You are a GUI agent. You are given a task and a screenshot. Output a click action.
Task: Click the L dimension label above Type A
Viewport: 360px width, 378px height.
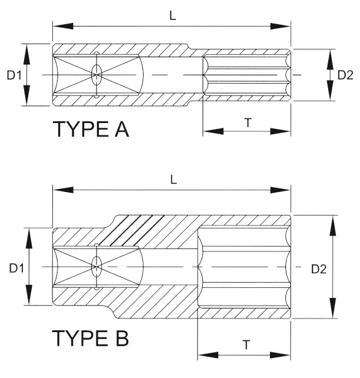point(172,16)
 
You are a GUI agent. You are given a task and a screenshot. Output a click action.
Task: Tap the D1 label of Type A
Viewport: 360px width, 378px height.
point(14,75)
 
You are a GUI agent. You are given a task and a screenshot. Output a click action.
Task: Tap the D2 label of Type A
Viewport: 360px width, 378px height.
point(345,75)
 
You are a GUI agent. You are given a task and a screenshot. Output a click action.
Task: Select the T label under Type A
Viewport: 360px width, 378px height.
point(248,122)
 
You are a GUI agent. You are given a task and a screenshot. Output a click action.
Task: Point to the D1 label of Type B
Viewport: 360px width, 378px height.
point(16,268)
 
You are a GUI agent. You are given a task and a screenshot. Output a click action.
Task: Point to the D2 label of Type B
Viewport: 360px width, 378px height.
point(318,269)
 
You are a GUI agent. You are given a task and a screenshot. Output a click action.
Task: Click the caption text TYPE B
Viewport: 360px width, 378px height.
point(90,339)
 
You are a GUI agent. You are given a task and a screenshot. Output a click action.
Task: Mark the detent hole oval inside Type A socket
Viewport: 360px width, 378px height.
point(96,74)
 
